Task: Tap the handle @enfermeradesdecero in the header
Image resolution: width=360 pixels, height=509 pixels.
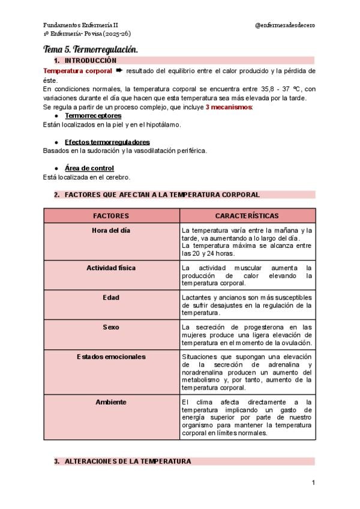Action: [285, 25]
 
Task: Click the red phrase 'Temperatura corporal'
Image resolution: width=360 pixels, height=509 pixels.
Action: [78, 71]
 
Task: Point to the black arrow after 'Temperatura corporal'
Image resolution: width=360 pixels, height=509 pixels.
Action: [119, 71]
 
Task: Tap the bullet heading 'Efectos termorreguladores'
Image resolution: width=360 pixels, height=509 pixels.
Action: [107, 142]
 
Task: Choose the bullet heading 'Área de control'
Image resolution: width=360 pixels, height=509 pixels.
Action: [89, 168]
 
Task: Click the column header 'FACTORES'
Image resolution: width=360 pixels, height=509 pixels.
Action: [112, 215]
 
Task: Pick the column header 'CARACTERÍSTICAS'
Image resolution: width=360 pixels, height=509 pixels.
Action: [247, 215]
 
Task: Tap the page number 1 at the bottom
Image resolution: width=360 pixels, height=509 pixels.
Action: [313, 483]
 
